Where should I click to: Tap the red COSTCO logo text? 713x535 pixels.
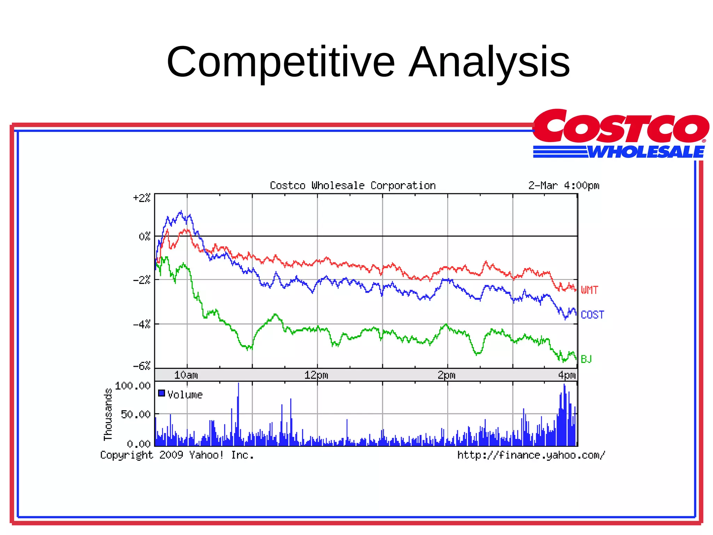point(620,127)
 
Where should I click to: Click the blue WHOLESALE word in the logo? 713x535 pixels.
point(646,152)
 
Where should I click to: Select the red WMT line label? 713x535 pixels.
point(589,290)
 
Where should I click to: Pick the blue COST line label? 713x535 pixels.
point(592,315)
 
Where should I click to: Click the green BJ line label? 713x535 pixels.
point(586,359)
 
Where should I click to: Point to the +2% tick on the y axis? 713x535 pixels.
point(142,198)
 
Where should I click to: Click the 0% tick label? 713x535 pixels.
point(144,237)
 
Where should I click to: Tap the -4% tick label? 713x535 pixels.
point(142,325)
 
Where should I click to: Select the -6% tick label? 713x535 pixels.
point(142,366)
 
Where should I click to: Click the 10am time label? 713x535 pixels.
point(186,375)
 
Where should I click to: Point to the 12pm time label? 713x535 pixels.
point(316,375)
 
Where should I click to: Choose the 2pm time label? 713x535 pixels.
point(446,375)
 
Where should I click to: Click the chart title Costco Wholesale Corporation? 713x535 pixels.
point(353,186)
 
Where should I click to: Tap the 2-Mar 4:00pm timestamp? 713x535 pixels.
point(564,186)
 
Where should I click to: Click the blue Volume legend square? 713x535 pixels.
point(162,393)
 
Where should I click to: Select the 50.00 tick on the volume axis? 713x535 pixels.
point(135,414)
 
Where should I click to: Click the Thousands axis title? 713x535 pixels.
point(108,414)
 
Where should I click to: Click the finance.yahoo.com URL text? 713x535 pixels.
point(531,455)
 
